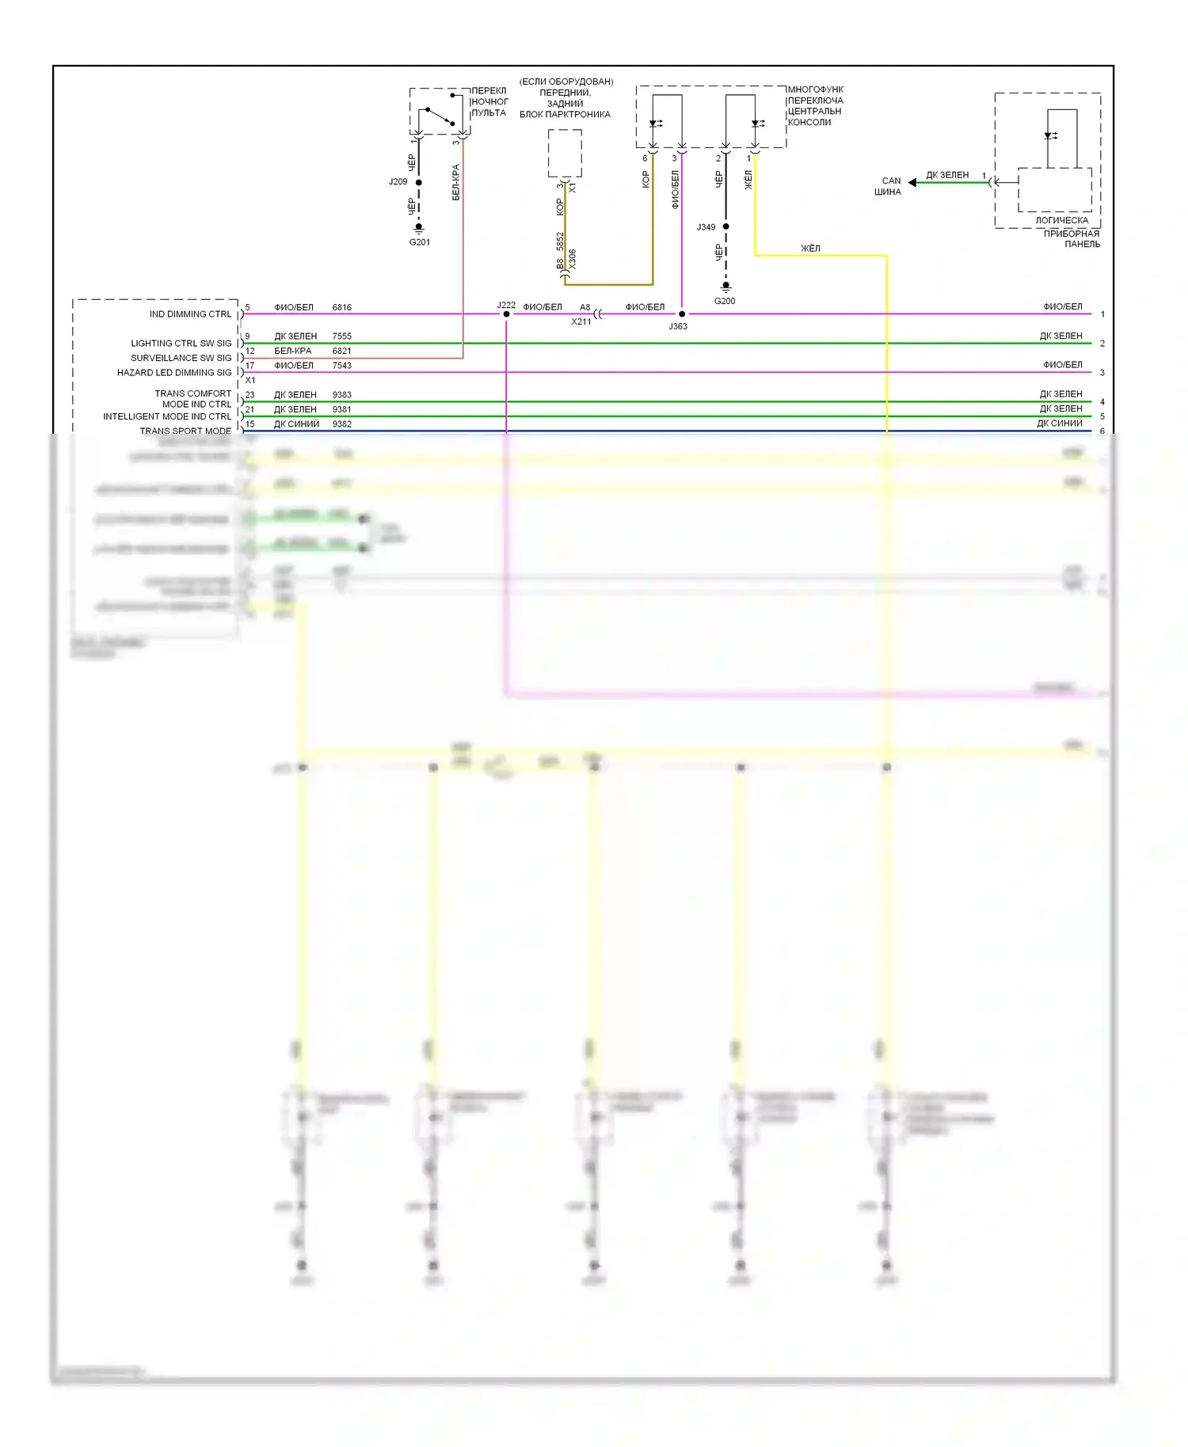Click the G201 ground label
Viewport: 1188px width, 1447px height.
[420, 242]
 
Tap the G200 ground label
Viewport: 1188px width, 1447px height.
[725, 301]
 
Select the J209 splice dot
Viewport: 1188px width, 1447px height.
[419, 183]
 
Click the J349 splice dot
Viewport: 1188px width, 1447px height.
[725, 227]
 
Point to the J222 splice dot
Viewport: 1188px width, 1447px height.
[507, 314]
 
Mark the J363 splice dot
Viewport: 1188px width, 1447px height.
[682, 314]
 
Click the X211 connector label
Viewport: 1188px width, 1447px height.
[581, 322]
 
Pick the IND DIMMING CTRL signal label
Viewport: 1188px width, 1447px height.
[190, 314]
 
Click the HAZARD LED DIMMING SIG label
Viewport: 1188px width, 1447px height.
[174, 373]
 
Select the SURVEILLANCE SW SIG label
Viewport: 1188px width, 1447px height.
[181, 358]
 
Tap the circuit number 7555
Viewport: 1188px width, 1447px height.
[342, 336]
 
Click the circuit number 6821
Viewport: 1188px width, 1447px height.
[342, 351]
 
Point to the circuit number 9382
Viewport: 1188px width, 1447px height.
[342, 424]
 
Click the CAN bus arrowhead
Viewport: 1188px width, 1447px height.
[912, 183]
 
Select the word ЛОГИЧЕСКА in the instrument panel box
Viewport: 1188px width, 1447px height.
[1062, 221]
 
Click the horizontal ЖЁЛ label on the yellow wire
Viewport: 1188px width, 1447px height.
[810, 249]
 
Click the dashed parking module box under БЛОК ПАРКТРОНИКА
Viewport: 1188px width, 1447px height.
[565, 154]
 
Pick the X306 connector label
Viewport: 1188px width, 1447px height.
[573, 260]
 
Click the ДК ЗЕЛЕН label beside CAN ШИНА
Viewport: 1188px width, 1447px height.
[947, 175]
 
